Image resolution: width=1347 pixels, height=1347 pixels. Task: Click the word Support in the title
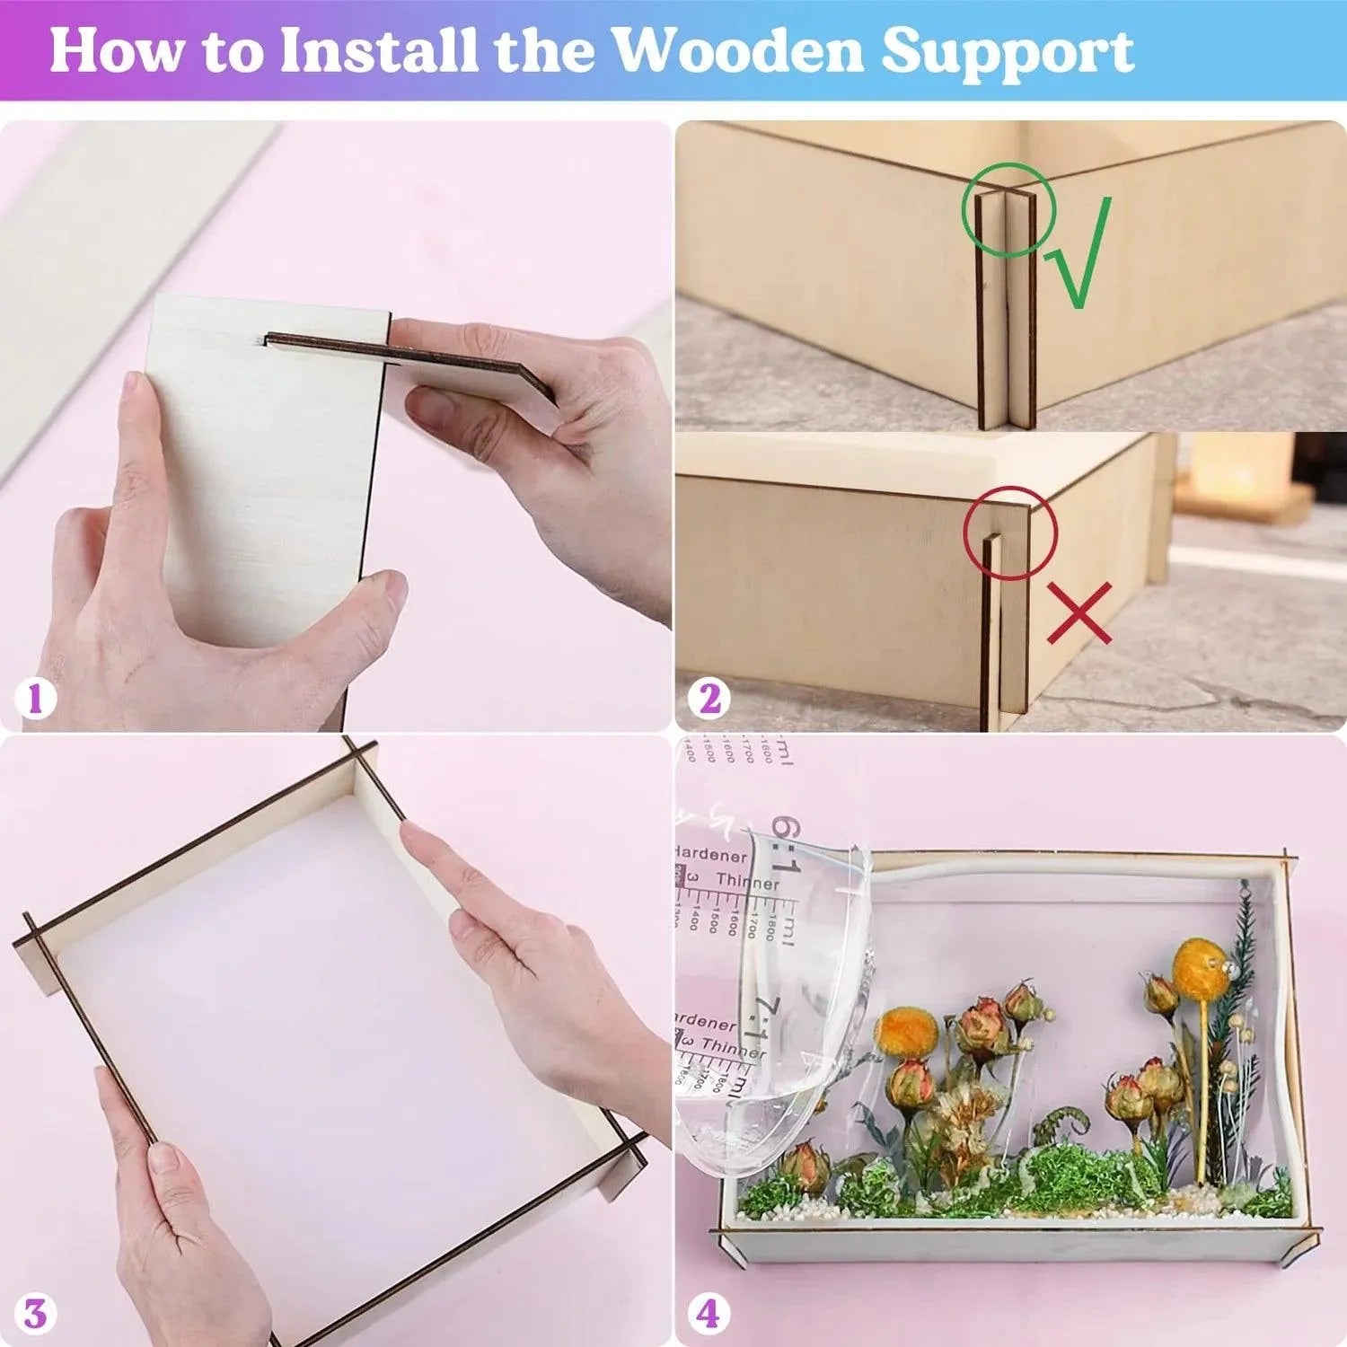(x=1007, y=53)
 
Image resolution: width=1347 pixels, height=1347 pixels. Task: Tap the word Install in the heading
(x=378, y=51)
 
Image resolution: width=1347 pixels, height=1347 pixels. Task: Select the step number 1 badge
(x=35, y=699)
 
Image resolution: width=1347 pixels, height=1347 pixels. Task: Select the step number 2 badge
(x=709, y=699)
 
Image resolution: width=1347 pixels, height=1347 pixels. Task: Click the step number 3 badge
(x=35, y=1315)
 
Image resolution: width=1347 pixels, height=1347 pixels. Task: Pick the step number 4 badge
(x=709, y=1315)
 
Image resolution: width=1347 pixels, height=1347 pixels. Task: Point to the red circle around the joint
(x=1011, y=532)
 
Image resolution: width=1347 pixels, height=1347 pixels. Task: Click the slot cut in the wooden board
(x=323, y=342)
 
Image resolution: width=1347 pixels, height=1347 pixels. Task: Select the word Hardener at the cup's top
(x=714, y=856)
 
